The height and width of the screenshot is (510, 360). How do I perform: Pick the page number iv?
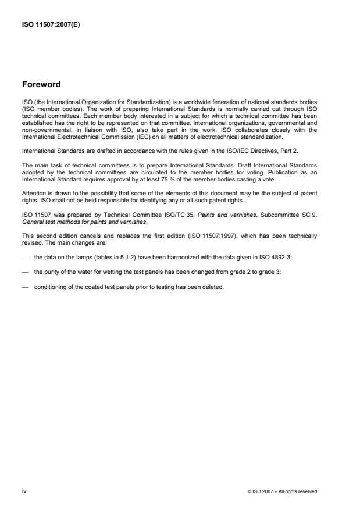24,491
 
